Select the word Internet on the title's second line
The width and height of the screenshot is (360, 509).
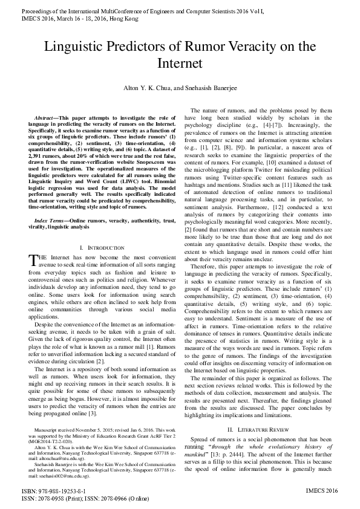[x=180, y=63]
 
